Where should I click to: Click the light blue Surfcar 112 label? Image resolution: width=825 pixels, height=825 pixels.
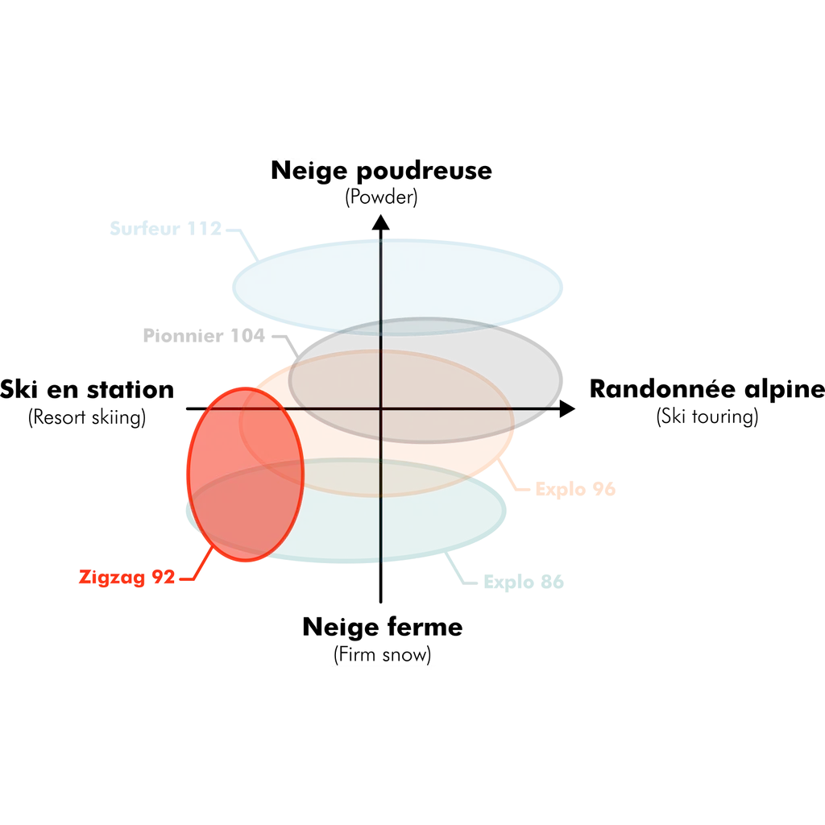point(165,229)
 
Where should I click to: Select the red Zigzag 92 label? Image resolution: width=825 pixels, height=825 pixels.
point(127,578)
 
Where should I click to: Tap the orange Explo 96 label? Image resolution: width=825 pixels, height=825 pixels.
point(576,489)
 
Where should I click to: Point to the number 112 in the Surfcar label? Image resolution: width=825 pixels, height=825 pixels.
point(205,229)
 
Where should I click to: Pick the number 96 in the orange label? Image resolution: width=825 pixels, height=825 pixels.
point(604,489)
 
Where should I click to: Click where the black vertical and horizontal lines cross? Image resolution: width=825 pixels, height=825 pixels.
point(380,408)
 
